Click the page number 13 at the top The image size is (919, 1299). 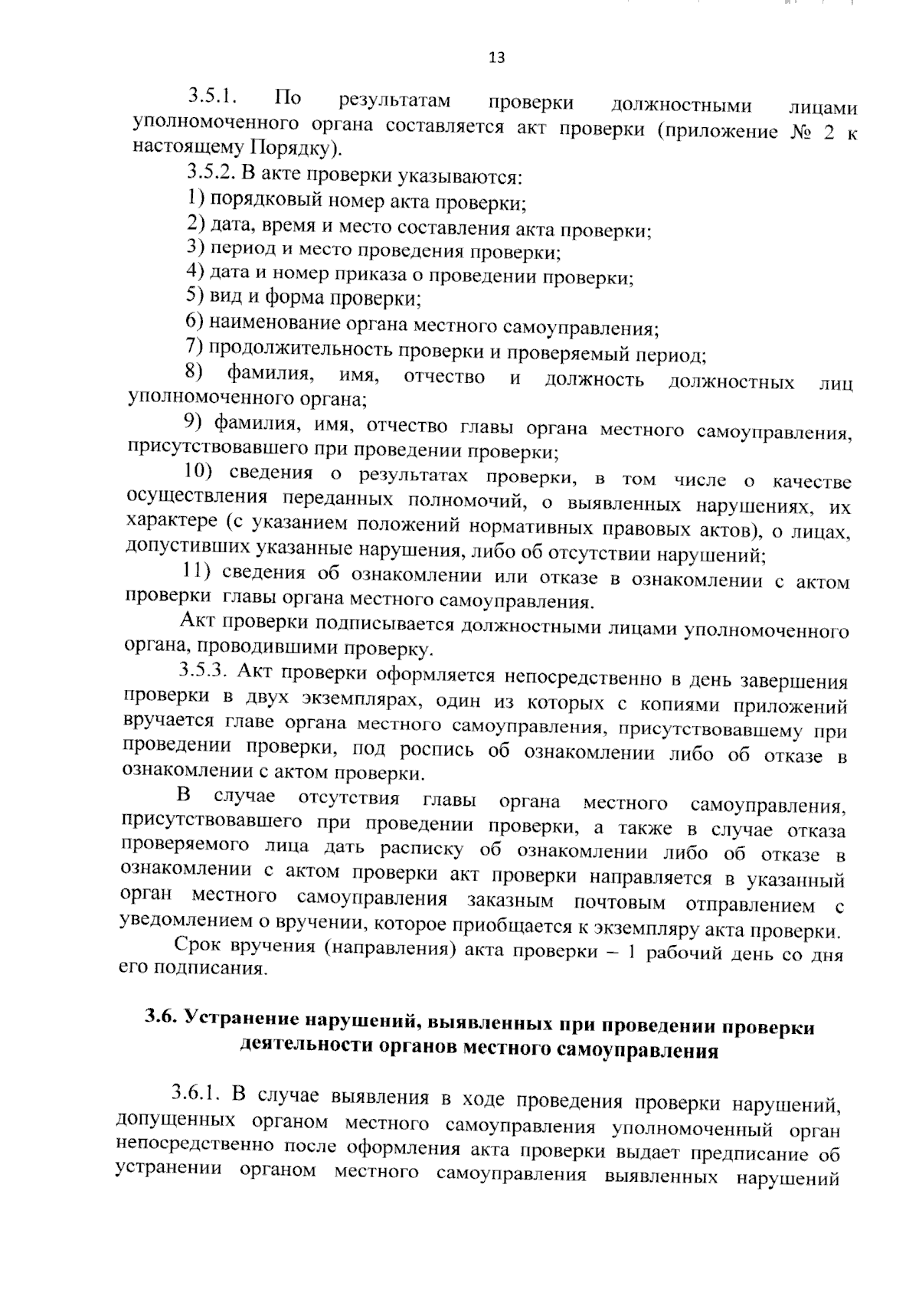point(495,58)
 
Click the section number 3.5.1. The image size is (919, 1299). point(212,97)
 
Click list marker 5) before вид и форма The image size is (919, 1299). point(195,296)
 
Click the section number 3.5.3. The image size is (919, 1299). point(204,670)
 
